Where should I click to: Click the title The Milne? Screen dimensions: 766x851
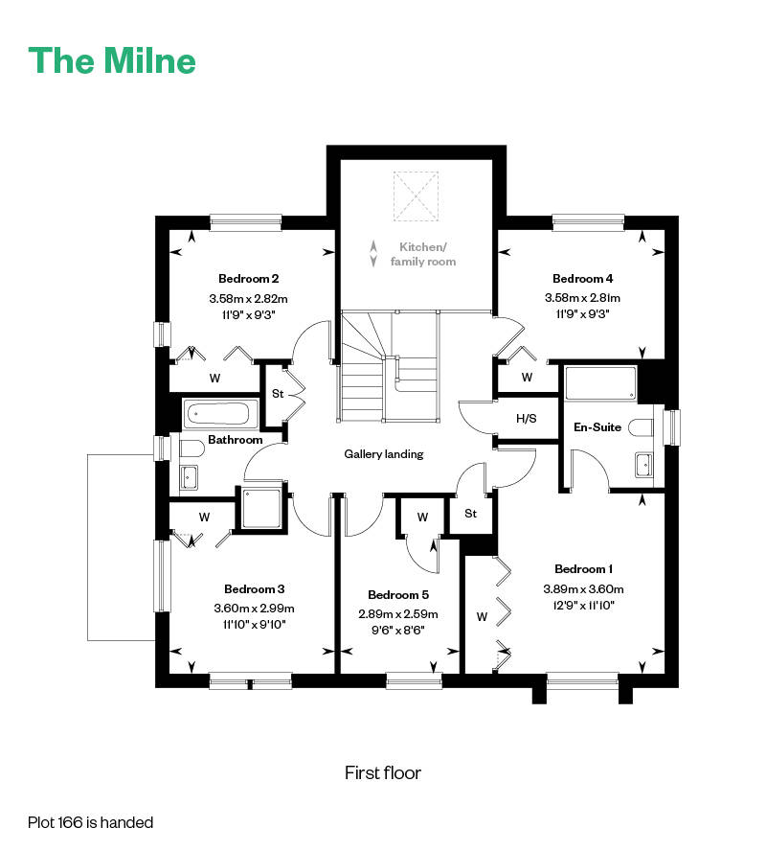tap(112, 60)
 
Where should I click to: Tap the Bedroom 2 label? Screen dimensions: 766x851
tap(248, 279)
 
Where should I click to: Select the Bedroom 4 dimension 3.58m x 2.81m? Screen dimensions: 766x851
tap(582, 297)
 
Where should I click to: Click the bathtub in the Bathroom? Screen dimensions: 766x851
tap(216, 414)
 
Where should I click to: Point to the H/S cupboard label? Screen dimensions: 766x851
tap(526, 419)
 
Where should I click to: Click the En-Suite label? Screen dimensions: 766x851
tap(597, 427)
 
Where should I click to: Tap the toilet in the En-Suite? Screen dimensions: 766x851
tap(641, 427)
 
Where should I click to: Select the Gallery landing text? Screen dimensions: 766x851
tap(384, 453)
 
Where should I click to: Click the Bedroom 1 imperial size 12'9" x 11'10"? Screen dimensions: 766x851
tap(583, 605)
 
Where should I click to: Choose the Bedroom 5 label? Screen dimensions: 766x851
tap(398, 595)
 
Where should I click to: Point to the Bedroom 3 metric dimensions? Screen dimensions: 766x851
tap(254, 609)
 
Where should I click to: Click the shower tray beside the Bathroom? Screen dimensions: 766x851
tap(261, 509)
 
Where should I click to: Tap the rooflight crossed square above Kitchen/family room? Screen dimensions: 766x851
tap(416, 195)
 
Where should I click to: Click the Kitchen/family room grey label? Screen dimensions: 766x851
tap(423, 254)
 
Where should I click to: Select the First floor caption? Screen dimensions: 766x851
tap(383, 772)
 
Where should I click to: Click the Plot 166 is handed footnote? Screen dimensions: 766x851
tap(91, 823)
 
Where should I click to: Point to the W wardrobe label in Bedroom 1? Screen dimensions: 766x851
tap(482, 616)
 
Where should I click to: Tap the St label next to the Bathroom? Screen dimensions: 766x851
tap(278, 394)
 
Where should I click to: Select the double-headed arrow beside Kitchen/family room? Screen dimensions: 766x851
tap(373, 254)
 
